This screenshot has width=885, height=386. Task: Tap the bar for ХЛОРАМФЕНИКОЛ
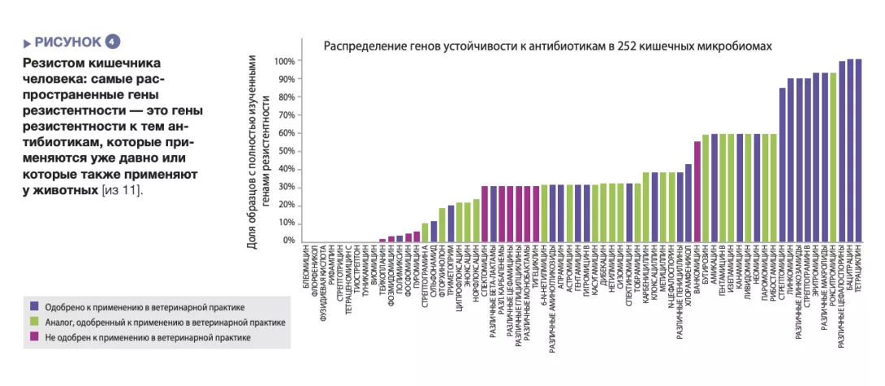point(689,204)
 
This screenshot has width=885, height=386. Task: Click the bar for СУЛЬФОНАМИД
point(434,232)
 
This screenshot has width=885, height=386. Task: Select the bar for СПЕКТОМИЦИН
point(485,215)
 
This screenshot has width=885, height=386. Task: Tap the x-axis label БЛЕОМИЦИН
point(306,268)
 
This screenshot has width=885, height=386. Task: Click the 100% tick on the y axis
point(283,62)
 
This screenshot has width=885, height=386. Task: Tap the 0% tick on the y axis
point(288,241)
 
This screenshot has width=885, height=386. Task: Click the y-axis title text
point(257,151)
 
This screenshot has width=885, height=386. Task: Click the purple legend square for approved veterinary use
point(33,306)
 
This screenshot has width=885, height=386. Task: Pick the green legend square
point(33,321)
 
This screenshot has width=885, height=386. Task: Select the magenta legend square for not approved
point(33,336)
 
